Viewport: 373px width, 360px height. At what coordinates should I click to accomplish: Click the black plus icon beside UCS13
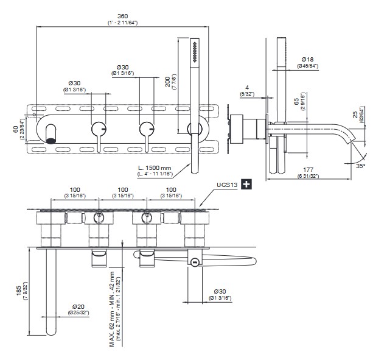[246, 183]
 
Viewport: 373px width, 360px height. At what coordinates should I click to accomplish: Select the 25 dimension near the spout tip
[355, 115]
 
